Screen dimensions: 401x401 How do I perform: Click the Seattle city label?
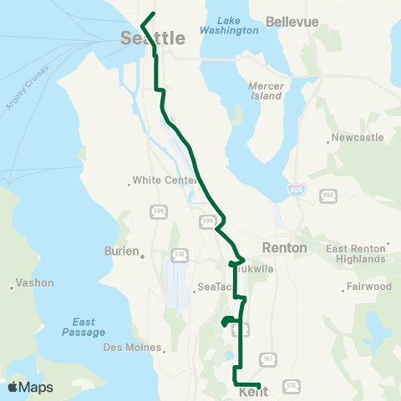point(152,38)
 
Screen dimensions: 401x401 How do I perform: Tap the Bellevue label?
point(292,22)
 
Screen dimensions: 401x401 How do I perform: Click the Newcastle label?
point(357,137)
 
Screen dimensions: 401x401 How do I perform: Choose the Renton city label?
point(285,248)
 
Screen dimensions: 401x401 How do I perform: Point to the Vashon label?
point(34,283)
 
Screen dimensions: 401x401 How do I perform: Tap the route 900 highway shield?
point(327,195)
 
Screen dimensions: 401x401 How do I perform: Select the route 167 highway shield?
point(267,358)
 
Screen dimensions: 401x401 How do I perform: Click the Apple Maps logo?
point(30,387)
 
